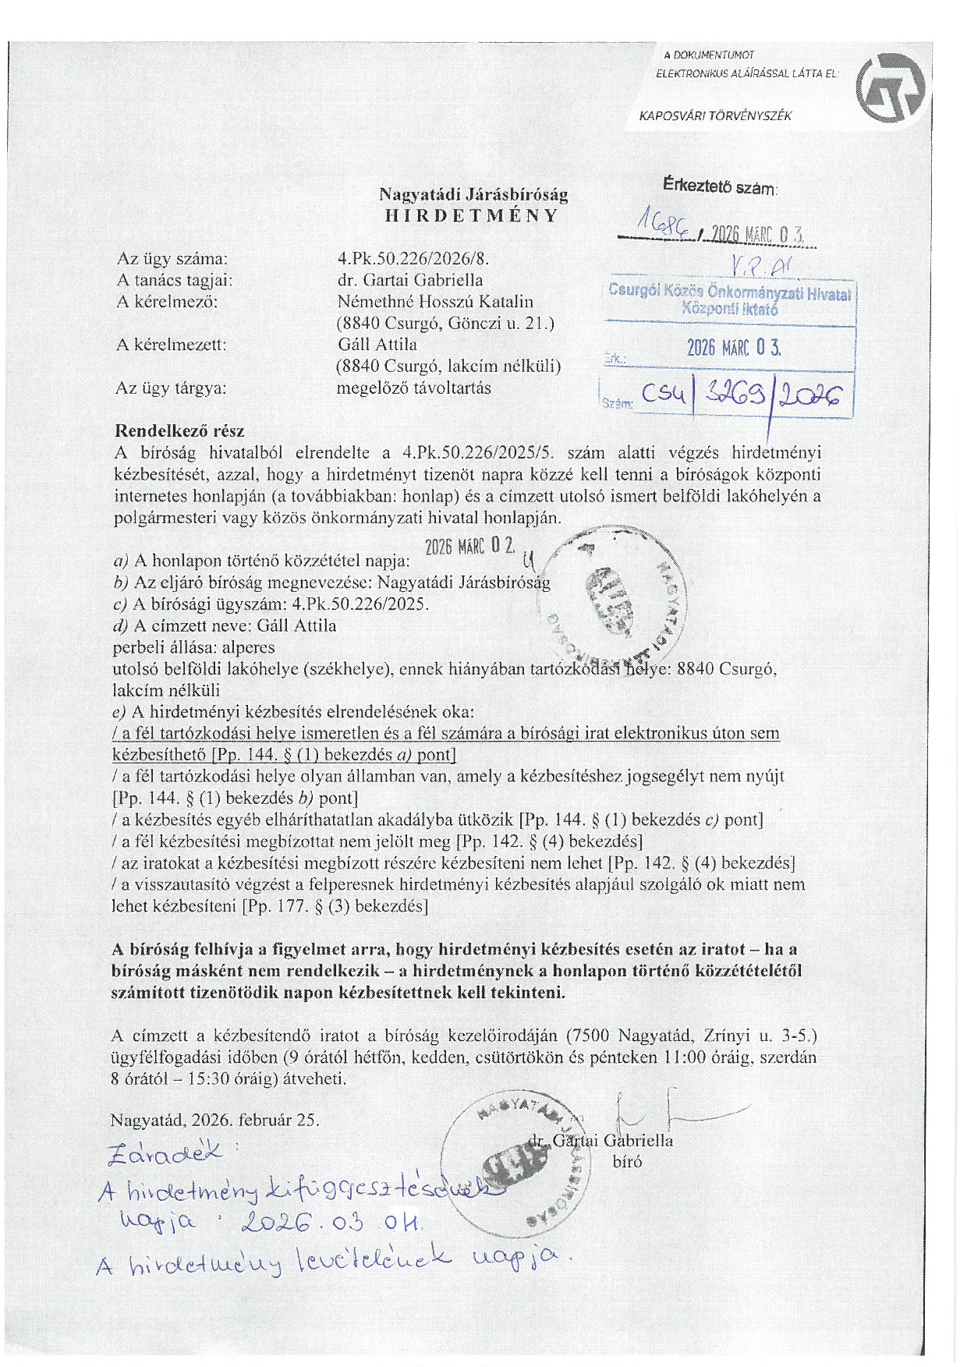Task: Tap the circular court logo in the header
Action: pyautogui.click(x=890, y=88)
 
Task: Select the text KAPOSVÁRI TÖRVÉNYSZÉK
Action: pyautogui.click(x=715, y=116)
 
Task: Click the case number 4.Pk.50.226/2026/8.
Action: pyautogui.click(x=413, y=258)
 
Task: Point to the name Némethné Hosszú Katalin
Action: pyautogui.click(x=435, y=301)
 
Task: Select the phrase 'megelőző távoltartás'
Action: pyautogui.click(x=413, y=388)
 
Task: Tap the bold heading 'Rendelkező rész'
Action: pyautogui.click(x=179, y=430)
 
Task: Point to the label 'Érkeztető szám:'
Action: pyautogui.click(x=720, y=186)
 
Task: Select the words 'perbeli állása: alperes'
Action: pyautogui.click(x=193, y=647)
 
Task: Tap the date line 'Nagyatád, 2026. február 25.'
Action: pyautogui.click(x=214, y=1120)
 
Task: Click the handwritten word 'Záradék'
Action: pyautogui.click(x=166, y=1153)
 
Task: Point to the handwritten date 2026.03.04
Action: pyautogui.click(x=331, y=1222)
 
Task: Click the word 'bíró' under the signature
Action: pyautogui.click(x=628, y=1162)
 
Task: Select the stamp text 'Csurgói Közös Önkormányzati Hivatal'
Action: pyautogui.click(x=729, y=292)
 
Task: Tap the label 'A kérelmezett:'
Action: pyautogui.click(x=171, y=345)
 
